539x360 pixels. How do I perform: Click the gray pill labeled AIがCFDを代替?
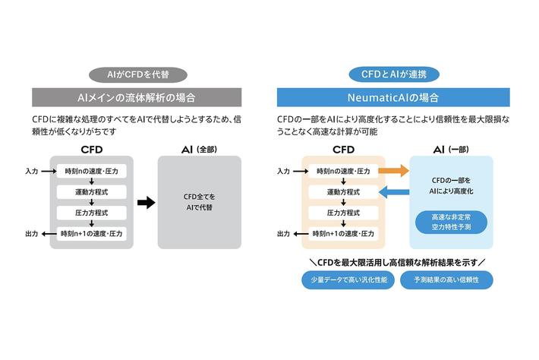tap(137, 74)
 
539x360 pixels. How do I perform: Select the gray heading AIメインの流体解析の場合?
tap(137, 97)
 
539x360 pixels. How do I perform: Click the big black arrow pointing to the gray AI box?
tap(145, 202)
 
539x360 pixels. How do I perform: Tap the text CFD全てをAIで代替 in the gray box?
tap(199, 202)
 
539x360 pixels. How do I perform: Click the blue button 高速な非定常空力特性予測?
tap(451, 222)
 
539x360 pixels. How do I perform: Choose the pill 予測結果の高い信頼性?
tap(451, 280)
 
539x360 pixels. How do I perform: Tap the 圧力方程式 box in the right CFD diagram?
tap(343, 213)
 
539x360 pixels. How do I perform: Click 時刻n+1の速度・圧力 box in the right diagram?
tap(343, 233)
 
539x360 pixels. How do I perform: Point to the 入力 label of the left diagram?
tap(31, 172)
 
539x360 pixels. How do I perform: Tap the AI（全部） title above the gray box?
tap(199, 150)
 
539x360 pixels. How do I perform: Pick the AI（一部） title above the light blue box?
tap(451, 150)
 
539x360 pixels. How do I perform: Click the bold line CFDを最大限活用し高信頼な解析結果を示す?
tap(397, 262)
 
